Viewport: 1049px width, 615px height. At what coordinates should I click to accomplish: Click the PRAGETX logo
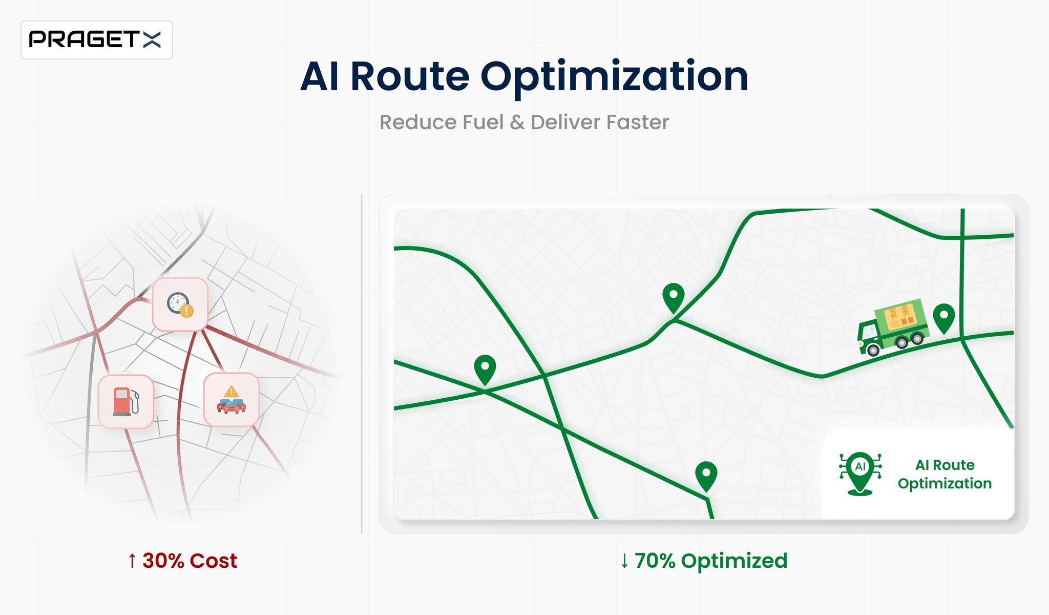[x=96, y=39]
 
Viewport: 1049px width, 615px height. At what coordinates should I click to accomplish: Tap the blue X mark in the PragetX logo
[x=152, y=39]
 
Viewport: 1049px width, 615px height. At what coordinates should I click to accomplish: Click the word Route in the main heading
[x=409, y=77]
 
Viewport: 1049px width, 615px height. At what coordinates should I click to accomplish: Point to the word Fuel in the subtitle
[x=482, y=122]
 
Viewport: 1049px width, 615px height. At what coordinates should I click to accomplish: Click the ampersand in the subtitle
[x=517, y=122]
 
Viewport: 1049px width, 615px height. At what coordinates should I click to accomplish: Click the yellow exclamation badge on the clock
[x=187, y=311]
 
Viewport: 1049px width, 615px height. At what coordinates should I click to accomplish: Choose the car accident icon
[x=232, y=400]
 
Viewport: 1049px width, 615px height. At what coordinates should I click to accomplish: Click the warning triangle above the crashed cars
[x=232, y=392]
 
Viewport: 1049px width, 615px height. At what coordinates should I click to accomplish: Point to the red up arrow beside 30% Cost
[x=132, y=561]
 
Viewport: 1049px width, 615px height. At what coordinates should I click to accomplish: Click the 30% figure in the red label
[x=163, y=561]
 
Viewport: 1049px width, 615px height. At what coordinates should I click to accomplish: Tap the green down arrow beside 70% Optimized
[x=624, y=561]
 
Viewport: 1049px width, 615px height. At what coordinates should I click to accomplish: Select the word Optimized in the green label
[x=734, y=561]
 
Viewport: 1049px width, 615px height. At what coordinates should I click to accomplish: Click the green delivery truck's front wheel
[x=873, y=351]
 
